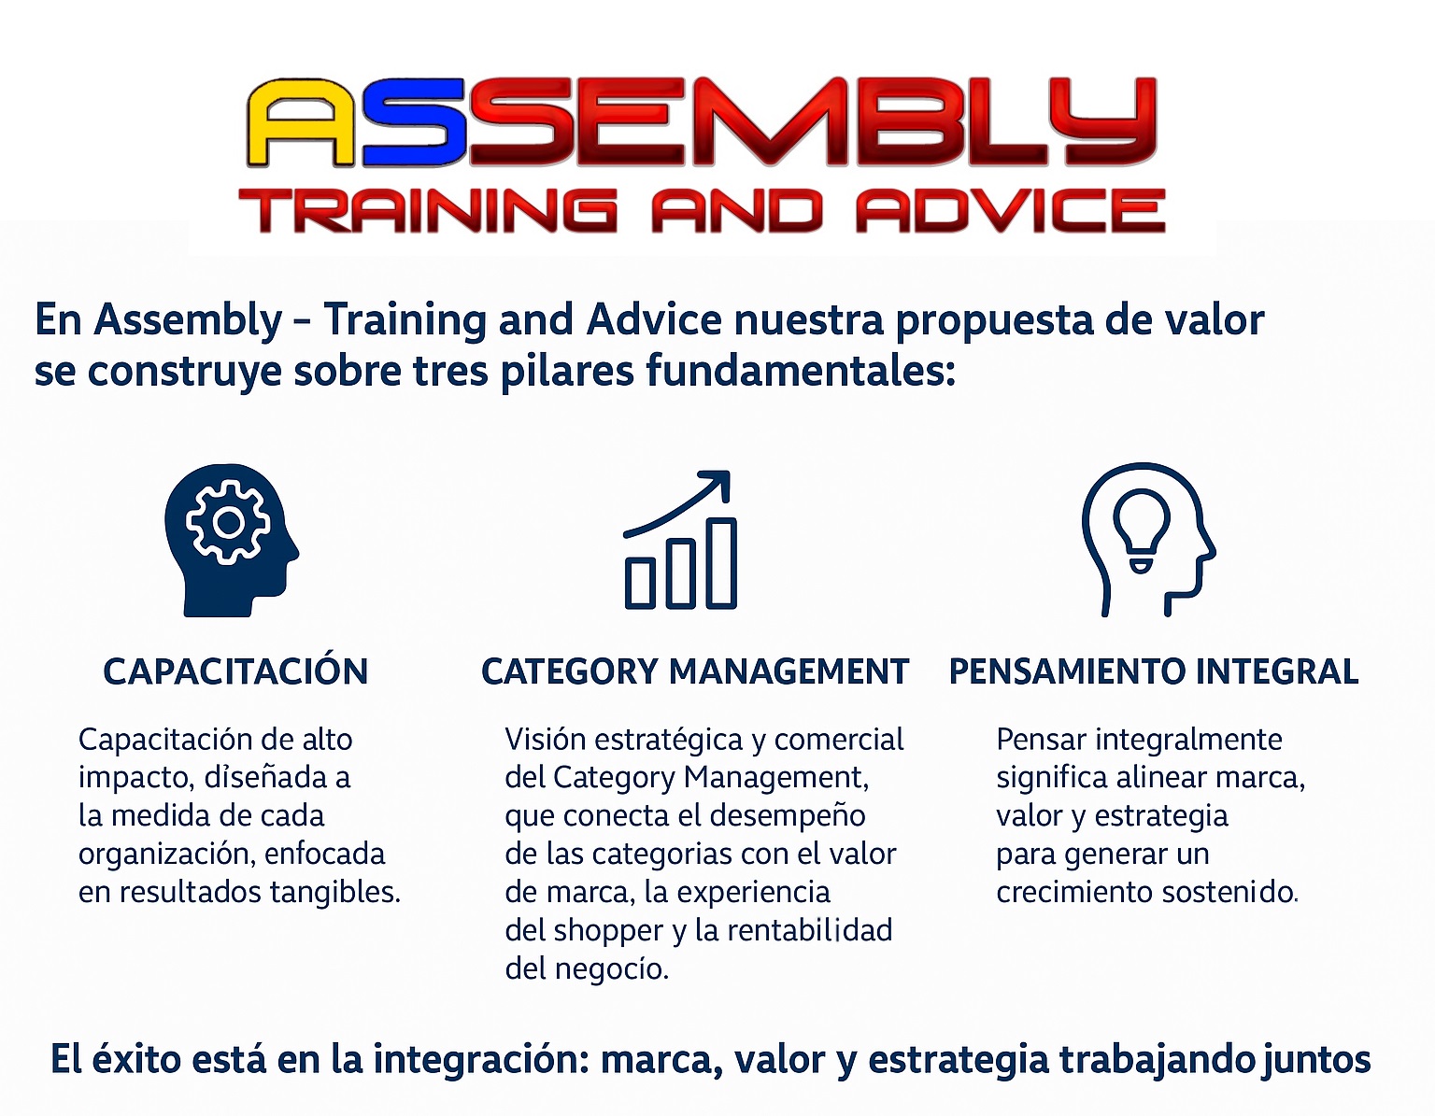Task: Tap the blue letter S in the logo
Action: (415, 123)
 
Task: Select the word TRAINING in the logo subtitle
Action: (427, 210)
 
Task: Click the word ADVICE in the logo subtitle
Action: (1010, 210)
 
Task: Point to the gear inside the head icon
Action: (228, 523)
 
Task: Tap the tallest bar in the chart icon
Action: (721, 564)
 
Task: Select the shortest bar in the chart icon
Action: (640, 583)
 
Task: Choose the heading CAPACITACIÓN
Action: (235, 671)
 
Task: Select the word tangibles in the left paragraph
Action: (335, 892)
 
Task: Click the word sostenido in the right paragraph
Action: (1229, 892)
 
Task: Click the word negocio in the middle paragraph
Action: (612, 969)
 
